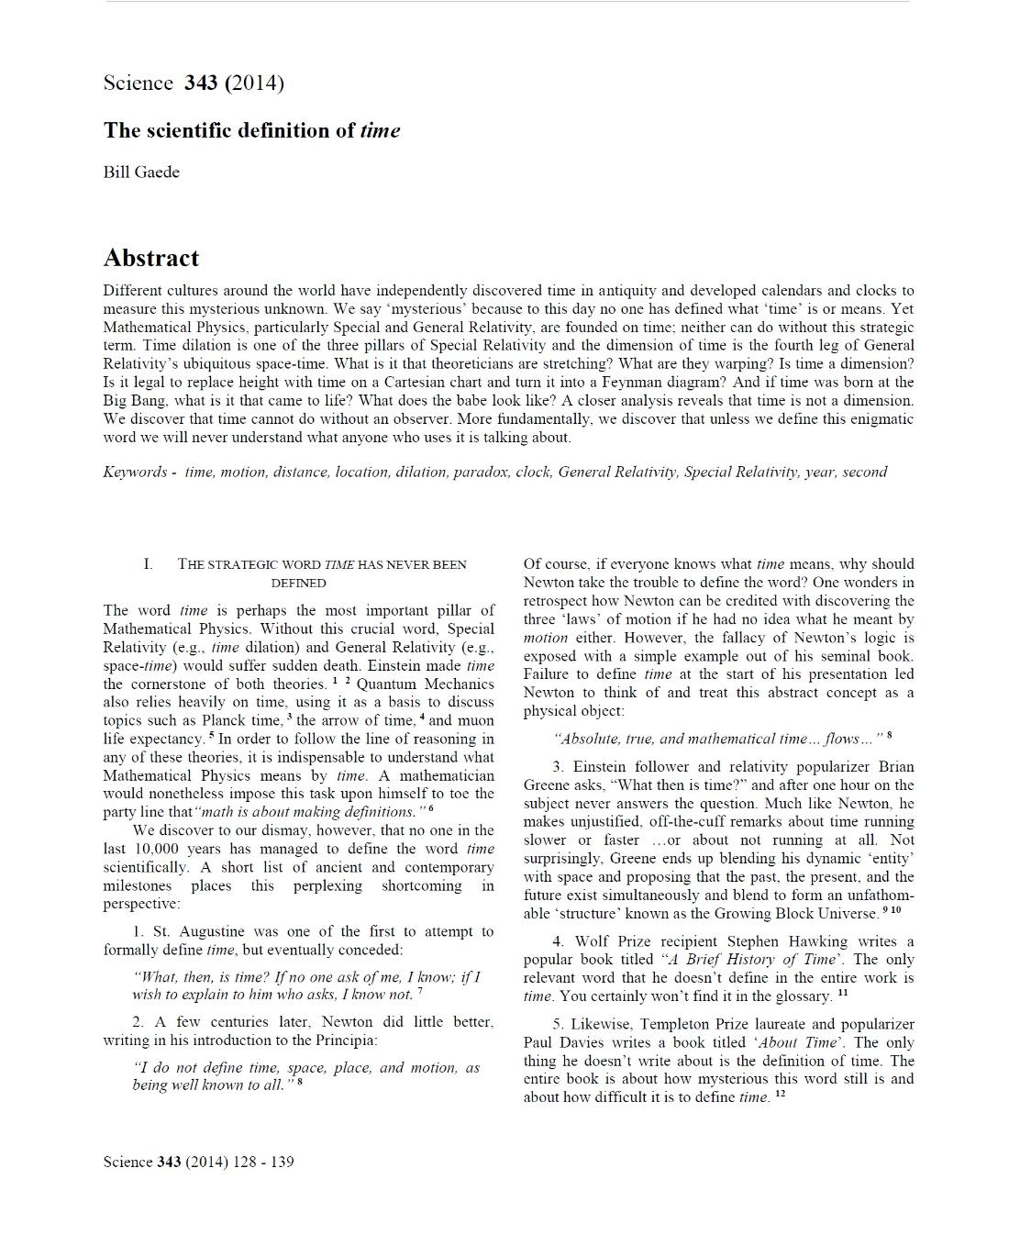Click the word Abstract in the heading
point(150,258)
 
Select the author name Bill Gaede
point(141,172)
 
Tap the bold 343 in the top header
point(201,83)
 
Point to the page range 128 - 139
point(264,1162)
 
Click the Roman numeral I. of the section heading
point(148,564)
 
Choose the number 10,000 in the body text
point(157,849)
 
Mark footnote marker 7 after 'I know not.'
point(420,991)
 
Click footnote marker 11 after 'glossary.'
point(843,993)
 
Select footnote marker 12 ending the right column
point(781,1095)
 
